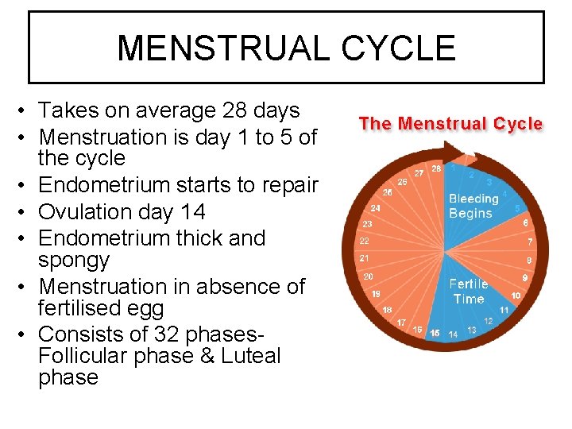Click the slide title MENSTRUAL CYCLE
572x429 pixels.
(x=286, y=48)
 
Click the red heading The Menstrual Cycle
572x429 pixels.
(x=450, y=124)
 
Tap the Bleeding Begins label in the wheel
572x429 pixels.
(x=473, y=206)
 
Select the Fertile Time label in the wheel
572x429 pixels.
(x=469, y=292)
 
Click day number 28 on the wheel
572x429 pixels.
(x=436, y=168)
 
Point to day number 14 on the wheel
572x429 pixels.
(x=453, y=334)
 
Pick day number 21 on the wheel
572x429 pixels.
(x=364, y=258)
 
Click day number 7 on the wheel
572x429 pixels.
(x=530, y=242)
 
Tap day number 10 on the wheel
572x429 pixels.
(x=516, y=296)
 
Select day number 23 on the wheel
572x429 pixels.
(x=367, y=224)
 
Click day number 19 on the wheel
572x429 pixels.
(x=376, y=293)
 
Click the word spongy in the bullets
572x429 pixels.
(x=74, y=260)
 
